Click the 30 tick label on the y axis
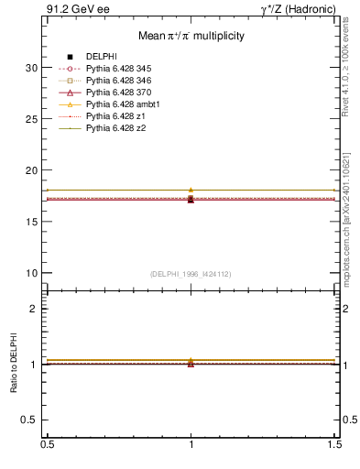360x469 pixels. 31,68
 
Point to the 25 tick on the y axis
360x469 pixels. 31,119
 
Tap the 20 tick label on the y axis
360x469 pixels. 31,170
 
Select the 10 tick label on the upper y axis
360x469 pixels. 31,273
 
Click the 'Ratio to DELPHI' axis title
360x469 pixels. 14,365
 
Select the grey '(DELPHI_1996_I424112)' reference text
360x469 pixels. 191,273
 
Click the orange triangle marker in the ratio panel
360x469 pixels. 191,360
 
